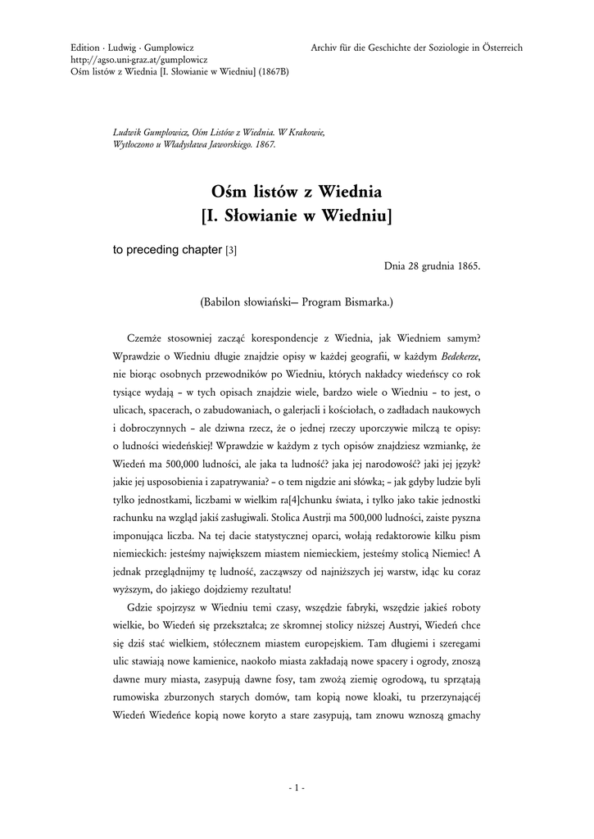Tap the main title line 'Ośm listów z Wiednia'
pyautogui.click(x=297, y=193)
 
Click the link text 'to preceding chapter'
pyautogui.click(x=167, y=250)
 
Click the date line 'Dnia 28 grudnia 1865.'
pyautogui.click(x=432, y=266)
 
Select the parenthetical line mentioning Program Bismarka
pyautogui.click(x=297, y=302)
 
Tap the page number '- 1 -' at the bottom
pyautogui.click(x=297, y=788)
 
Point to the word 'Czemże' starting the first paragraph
pyautogui.click(x=144, y=338)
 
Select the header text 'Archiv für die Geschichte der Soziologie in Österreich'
pyautogui.click(x=416, y=48)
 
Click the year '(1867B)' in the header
pyautogui.click(x=273, y=71)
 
